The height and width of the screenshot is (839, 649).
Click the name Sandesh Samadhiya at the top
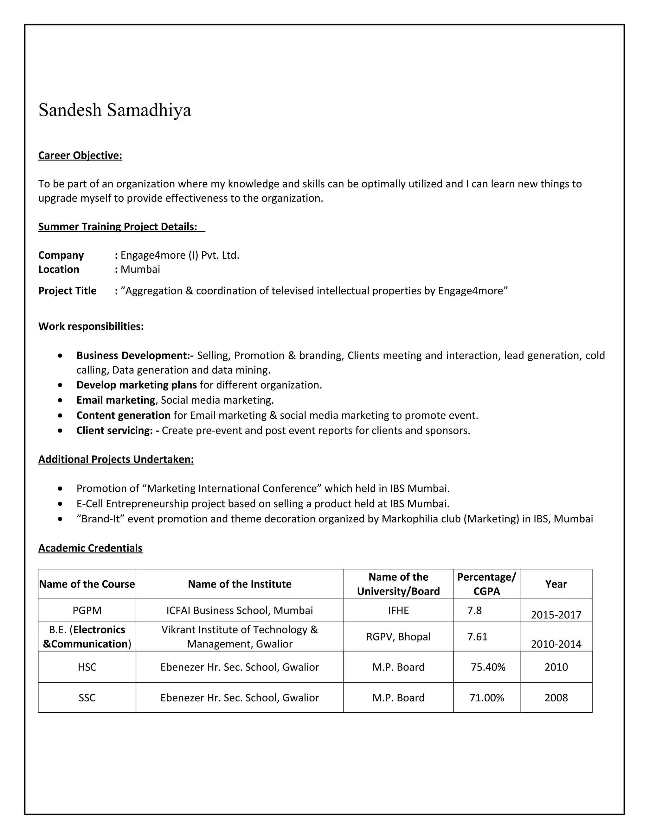(x=115, y=110)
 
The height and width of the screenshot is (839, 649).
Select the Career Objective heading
(x=80, y=155)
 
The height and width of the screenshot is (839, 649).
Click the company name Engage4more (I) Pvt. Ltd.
(x=180, y=255)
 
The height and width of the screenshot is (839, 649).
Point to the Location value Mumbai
(x=140, y=269)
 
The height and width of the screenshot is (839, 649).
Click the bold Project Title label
(x=67, y=291)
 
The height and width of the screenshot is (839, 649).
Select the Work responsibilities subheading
(x=91, y=326)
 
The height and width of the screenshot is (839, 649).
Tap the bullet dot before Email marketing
(x=60, y=400)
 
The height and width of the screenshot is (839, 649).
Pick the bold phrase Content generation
(x=123, y=415)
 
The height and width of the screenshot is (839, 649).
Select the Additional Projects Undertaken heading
(x=116, y=459)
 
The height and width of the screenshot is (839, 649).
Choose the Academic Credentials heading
(x=90, y=548)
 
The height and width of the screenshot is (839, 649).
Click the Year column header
(x=556, y=584)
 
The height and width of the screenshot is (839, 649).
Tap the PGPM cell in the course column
(x=87, y=610)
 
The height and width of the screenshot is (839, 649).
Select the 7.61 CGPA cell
(x=477, y=637)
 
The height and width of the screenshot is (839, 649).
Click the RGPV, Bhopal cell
(x=398, y=637)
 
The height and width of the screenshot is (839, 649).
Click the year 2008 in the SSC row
(x=556, y=697)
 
